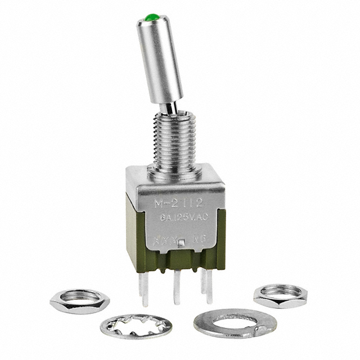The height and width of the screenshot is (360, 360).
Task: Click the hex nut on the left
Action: click(x=76, y=301)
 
